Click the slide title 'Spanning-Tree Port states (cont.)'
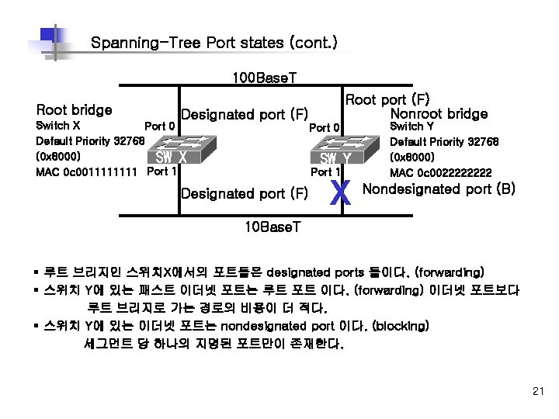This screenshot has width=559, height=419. [214, 42]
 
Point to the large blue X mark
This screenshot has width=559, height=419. [340, 193]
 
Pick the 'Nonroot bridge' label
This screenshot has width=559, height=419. [439, 114]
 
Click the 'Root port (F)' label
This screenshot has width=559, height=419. [387, 99]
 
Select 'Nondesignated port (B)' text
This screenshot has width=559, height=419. [439, 188]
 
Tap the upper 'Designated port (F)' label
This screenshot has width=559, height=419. [245, 115]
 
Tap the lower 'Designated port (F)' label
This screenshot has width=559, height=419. [245, 192]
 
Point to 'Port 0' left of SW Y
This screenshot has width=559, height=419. [325, 127]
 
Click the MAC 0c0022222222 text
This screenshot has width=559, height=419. [440, 172]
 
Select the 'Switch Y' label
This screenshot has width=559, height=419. [411, 126]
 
